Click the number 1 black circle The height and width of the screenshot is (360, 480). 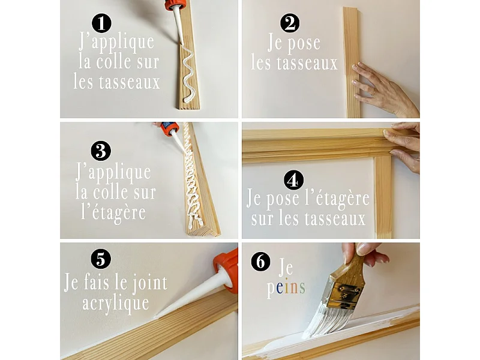pos(103,23)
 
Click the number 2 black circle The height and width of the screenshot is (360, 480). pos(290,23)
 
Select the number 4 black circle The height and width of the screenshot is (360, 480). pos(294,180)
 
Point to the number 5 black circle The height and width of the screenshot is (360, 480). pos(101,259)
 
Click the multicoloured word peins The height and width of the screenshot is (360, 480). pos(286,289)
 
